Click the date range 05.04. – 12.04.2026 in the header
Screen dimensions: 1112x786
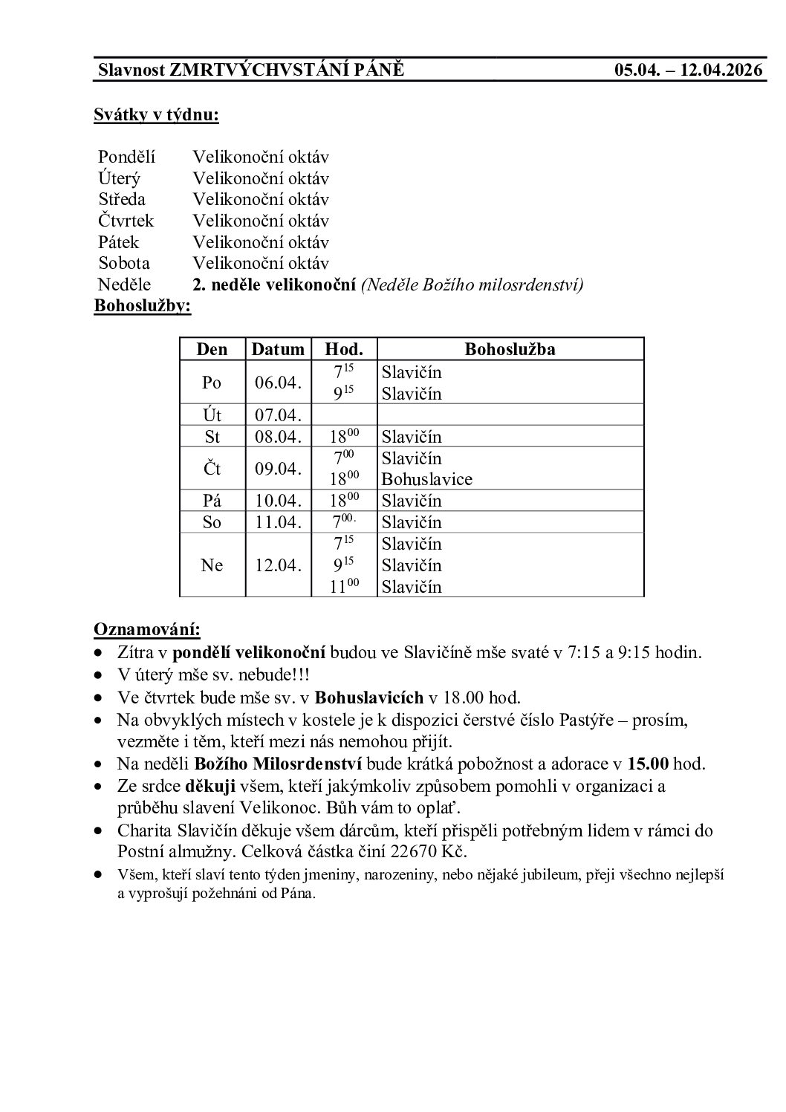[x=688, y=71]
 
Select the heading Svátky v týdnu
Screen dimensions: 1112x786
[x=156, y=114]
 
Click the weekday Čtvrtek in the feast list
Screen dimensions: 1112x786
[x=126, y=221]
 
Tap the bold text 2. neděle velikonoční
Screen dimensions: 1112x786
[x=274, y=284]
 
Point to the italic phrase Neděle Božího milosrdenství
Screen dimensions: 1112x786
[x=472, y=284]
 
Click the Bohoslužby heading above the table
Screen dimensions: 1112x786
[x=142, y=306]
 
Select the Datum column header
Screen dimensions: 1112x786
[x=278, y=349]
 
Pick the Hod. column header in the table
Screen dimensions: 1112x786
[x=344, y=349]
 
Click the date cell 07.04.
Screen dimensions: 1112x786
[x=278, y=414]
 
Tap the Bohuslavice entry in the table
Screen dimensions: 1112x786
[x=426, y=479]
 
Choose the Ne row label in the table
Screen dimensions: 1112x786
[x=212, y=565]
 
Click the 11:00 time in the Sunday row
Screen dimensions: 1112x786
[x=344, y=586]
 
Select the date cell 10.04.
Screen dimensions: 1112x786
[x=278, y=501]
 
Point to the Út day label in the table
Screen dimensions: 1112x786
[x=212, y=414]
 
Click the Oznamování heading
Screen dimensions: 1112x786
[x=146, y=630]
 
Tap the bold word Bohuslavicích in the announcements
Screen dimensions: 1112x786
[x=368, y=698]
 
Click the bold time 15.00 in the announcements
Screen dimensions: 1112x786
[x=649, y=764]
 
